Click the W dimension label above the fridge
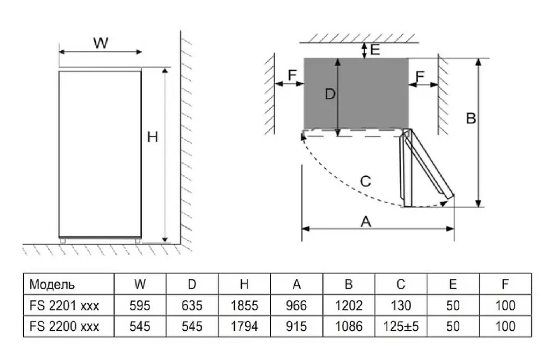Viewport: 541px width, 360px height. (101, 43)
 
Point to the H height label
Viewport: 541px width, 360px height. (153, 138)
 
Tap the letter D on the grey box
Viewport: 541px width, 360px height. (330, 94)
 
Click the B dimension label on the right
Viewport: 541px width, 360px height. (471, 118)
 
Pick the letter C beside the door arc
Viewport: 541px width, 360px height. (365, 181)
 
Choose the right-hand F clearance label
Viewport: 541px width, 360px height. (418, 75)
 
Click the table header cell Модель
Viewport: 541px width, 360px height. (52, 284)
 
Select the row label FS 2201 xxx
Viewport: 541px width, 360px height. (64, 306)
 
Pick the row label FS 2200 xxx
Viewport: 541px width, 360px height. (64, 326)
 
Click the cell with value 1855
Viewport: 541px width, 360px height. (244, 306)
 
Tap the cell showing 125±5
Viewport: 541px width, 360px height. (401, 326)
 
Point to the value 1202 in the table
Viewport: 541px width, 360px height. (349, 306)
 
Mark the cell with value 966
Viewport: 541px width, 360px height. (296, 306)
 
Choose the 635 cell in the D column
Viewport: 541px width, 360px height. (192, 306)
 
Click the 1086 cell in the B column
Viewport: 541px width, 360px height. (349, 326)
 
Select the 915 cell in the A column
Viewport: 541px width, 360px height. (296, 326)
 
